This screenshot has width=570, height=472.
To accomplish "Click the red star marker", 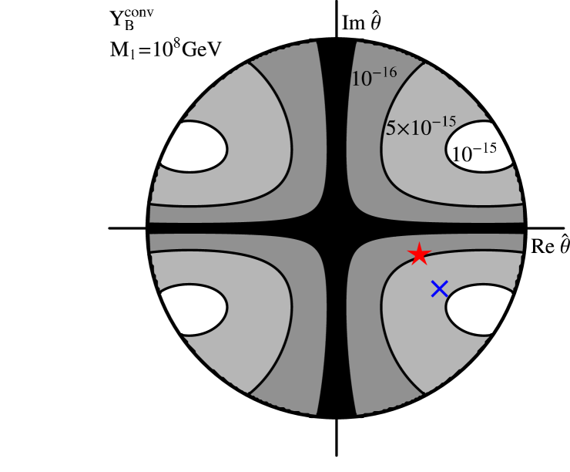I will pos(418,254).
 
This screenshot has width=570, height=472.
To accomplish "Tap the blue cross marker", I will pos(439,289).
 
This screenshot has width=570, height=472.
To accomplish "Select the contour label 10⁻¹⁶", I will pos(374,77).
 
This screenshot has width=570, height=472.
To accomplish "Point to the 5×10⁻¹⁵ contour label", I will pos(421,126).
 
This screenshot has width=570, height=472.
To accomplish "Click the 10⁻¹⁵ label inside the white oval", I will pos(473,153).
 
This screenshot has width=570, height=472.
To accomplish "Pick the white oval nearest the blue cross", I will pos(479,310).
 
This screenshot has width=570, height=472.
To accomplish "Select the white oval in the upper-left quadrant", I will pos(193,147).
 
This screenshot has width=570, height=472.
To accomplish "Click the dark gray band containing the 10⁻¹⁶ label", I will pos(366,139).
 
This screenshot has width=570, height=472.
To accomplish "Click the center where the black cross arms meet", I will pos(336,228).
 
